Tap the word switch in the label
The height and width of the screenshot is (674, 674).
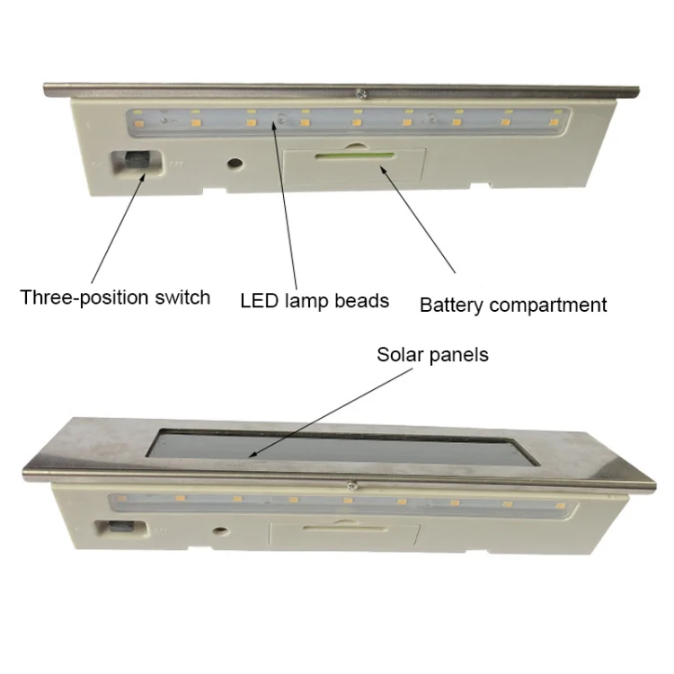(x=182, y=297)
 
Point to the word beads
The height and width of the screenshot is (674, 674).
(x=362, y=300)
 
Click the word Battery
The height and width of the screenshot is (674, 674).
(x=451, y=306)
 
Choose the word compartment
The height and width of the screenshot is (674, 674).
(x=548, y=306)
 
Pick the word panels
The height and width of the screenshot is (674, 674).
(x=459, y=356)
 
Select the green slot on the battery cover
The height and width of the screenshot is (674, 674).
(x=355, y=156)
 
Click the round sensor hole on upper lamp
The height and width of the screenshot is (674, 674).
(x=235, y=164)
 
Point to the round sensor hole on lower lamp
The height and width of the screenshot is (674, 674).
(x=221, y=531)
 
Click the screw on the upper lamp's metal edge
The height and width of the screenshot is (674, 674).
(x=362, y=93)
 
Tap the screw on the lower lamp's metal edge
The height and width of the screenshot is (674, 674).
(x=352, y=486)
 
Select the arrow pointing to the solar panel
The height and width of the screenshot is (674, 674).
(x=331, y=413)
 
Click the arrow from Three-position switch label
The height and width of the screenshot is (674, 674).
(x=118, y=228)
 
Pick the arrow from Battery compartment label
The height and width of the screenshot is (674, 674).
(x=417, y=219)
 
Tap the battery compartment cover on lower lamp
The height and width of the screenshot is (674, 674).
(x=344, y=535)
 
